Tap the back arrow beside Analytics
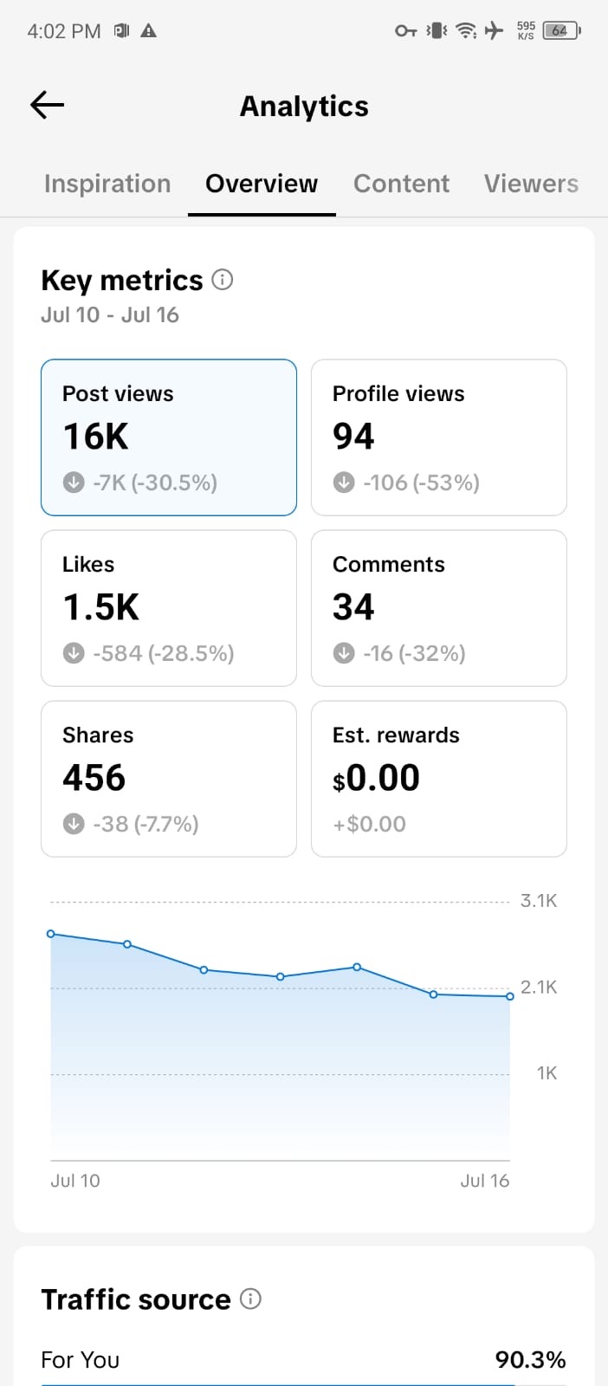pos(47,105)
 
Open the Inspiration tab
pos(107,184)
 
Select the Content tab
pos(401,184)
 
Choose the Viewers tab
pos(531,184)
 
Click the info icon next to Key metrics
pos(223,280)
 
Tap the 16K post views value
pos(96,437)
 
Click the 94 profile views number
pos(353,437)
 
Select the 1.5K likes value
pos(100,607)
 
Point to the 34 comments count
pos(353,607)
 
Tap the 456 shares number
pos(94,778)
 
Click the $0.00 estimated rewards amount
pos(376,778)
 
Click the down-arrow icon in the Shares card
pos(74,824)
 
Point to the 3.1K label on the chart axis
pos(538,900)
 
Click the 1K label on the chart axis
pos(547,1073)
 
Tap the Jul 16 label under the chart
pos(484,1181)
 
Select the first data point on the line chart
pos(51,934)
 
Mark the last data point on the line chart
pos(509,996)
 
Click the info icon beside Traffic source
pos(250,1299)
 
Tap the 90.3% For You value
pos(530,1359)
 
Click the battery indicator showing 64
pos(561,30)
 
